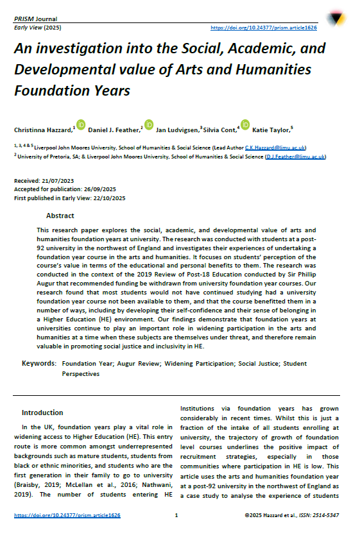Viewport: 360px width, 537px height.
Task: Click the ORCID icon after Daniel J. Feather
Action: [x=149, y=124]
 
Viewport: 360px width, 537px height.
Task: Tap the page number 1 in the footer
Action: [x=176, y=515]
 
